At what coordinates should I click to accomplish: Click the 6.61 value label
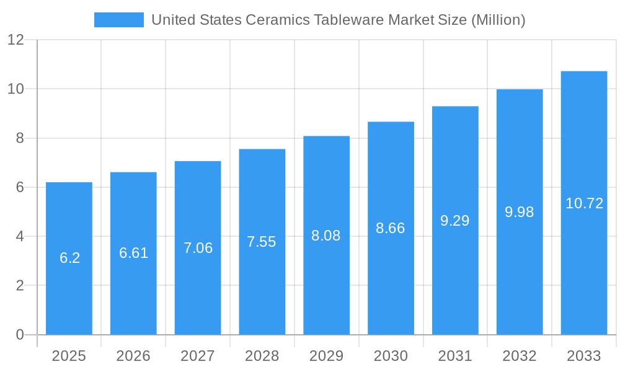tap(133, 253)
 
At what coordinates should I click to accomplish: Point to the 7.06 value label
tap(198, 248)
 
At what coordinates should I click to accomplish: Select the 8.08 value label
tap(326, 236)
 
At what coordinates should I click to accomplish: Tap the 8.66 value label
tap(391, 228)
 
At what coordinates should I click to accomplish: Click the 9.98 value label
tap(520, 212)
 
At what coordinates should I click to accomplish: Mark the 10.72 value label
tap(584, 203)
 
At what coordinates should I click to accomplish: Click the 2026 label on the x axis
tap(133, 356)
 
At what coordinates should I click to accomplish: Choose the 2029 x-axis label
tap(326, 356)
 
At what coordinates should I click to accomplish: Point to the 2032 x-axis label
tap(520, 356)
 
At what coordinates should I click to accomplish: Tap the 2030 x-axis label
tap(391, 356)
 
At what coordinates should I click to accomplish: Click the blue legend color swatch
tap(118, 20)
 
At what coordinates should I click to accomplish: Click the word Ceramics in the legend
tap(277, 20)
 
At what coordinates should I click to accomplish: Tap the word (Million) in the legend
tap(498, 20)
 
